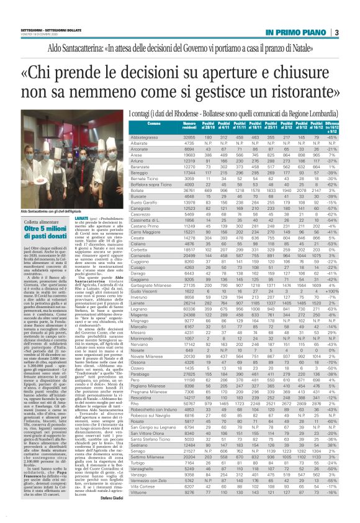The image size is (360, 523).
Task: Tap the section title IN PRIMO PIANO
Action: click(x=297, y=33)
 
